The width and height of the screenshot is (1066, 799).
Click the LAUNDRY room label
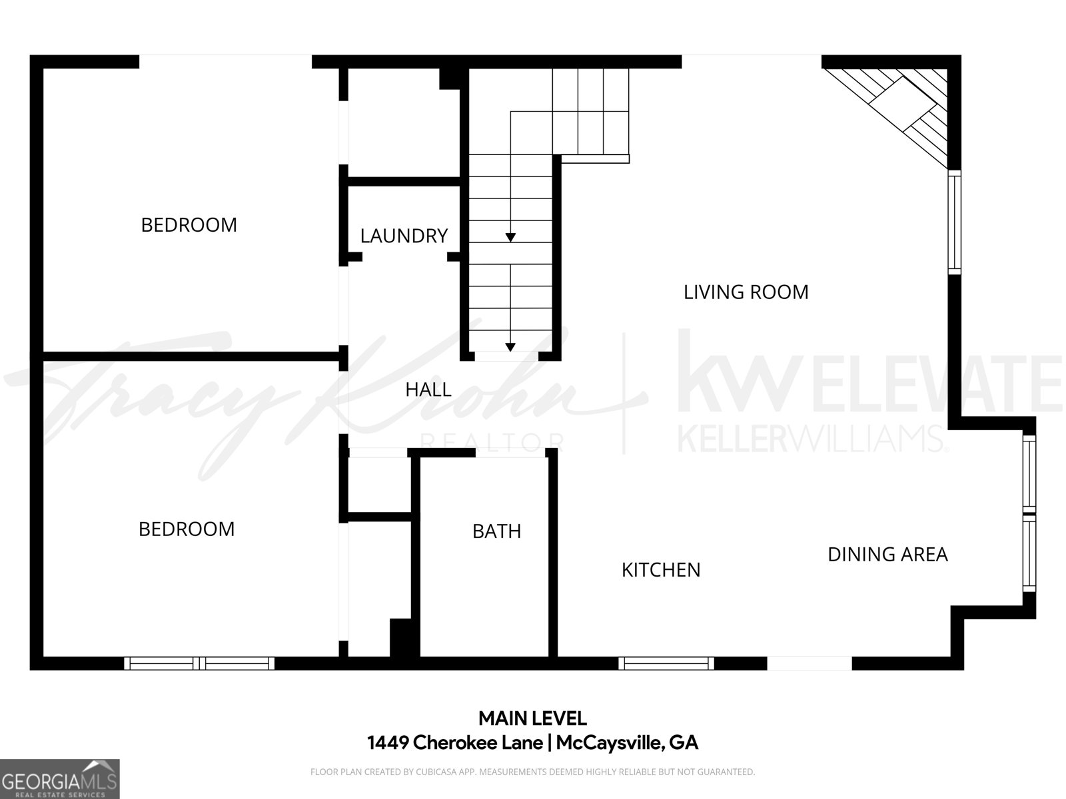point(404,236)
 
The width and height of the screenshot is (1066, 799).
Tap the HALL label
point(428,390)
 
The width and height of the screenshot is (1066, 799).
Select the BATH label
point(497,532)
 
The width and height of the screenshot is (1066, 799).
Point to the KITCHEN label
point(661,570)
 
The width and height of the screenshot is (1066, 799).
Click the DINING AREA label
point(887,555)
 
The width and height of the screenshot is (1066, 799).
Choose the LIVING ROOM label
point(746,292)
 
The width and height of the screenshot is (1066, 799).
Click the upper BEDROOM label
point(189,225)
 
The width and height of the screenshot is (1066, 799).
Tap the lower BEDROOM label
point(187,529)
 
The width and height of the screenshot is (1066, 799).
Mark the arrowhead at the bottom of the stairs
point(510,348)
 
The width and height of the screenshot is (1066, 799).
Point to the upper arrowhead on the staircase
point(510,237)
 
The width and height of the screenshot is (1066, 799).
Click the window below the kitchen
point(666,663)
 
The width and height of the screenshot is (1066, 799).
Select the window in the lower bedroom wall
point(199,663)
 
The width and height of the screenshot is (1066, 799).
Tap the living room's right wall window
point(954,222)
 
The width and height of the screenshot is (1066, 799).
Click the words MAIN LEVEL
point(533,718)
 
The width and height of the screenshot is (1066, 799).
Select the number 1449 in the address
point(387,742)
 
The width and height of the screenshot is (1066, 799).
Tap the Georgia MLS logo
point(59,779)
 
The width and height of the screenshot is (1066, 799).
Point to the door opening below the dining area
point(809,663)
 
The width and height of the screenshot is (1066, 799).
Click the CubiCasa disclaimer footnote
point(533,772)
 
